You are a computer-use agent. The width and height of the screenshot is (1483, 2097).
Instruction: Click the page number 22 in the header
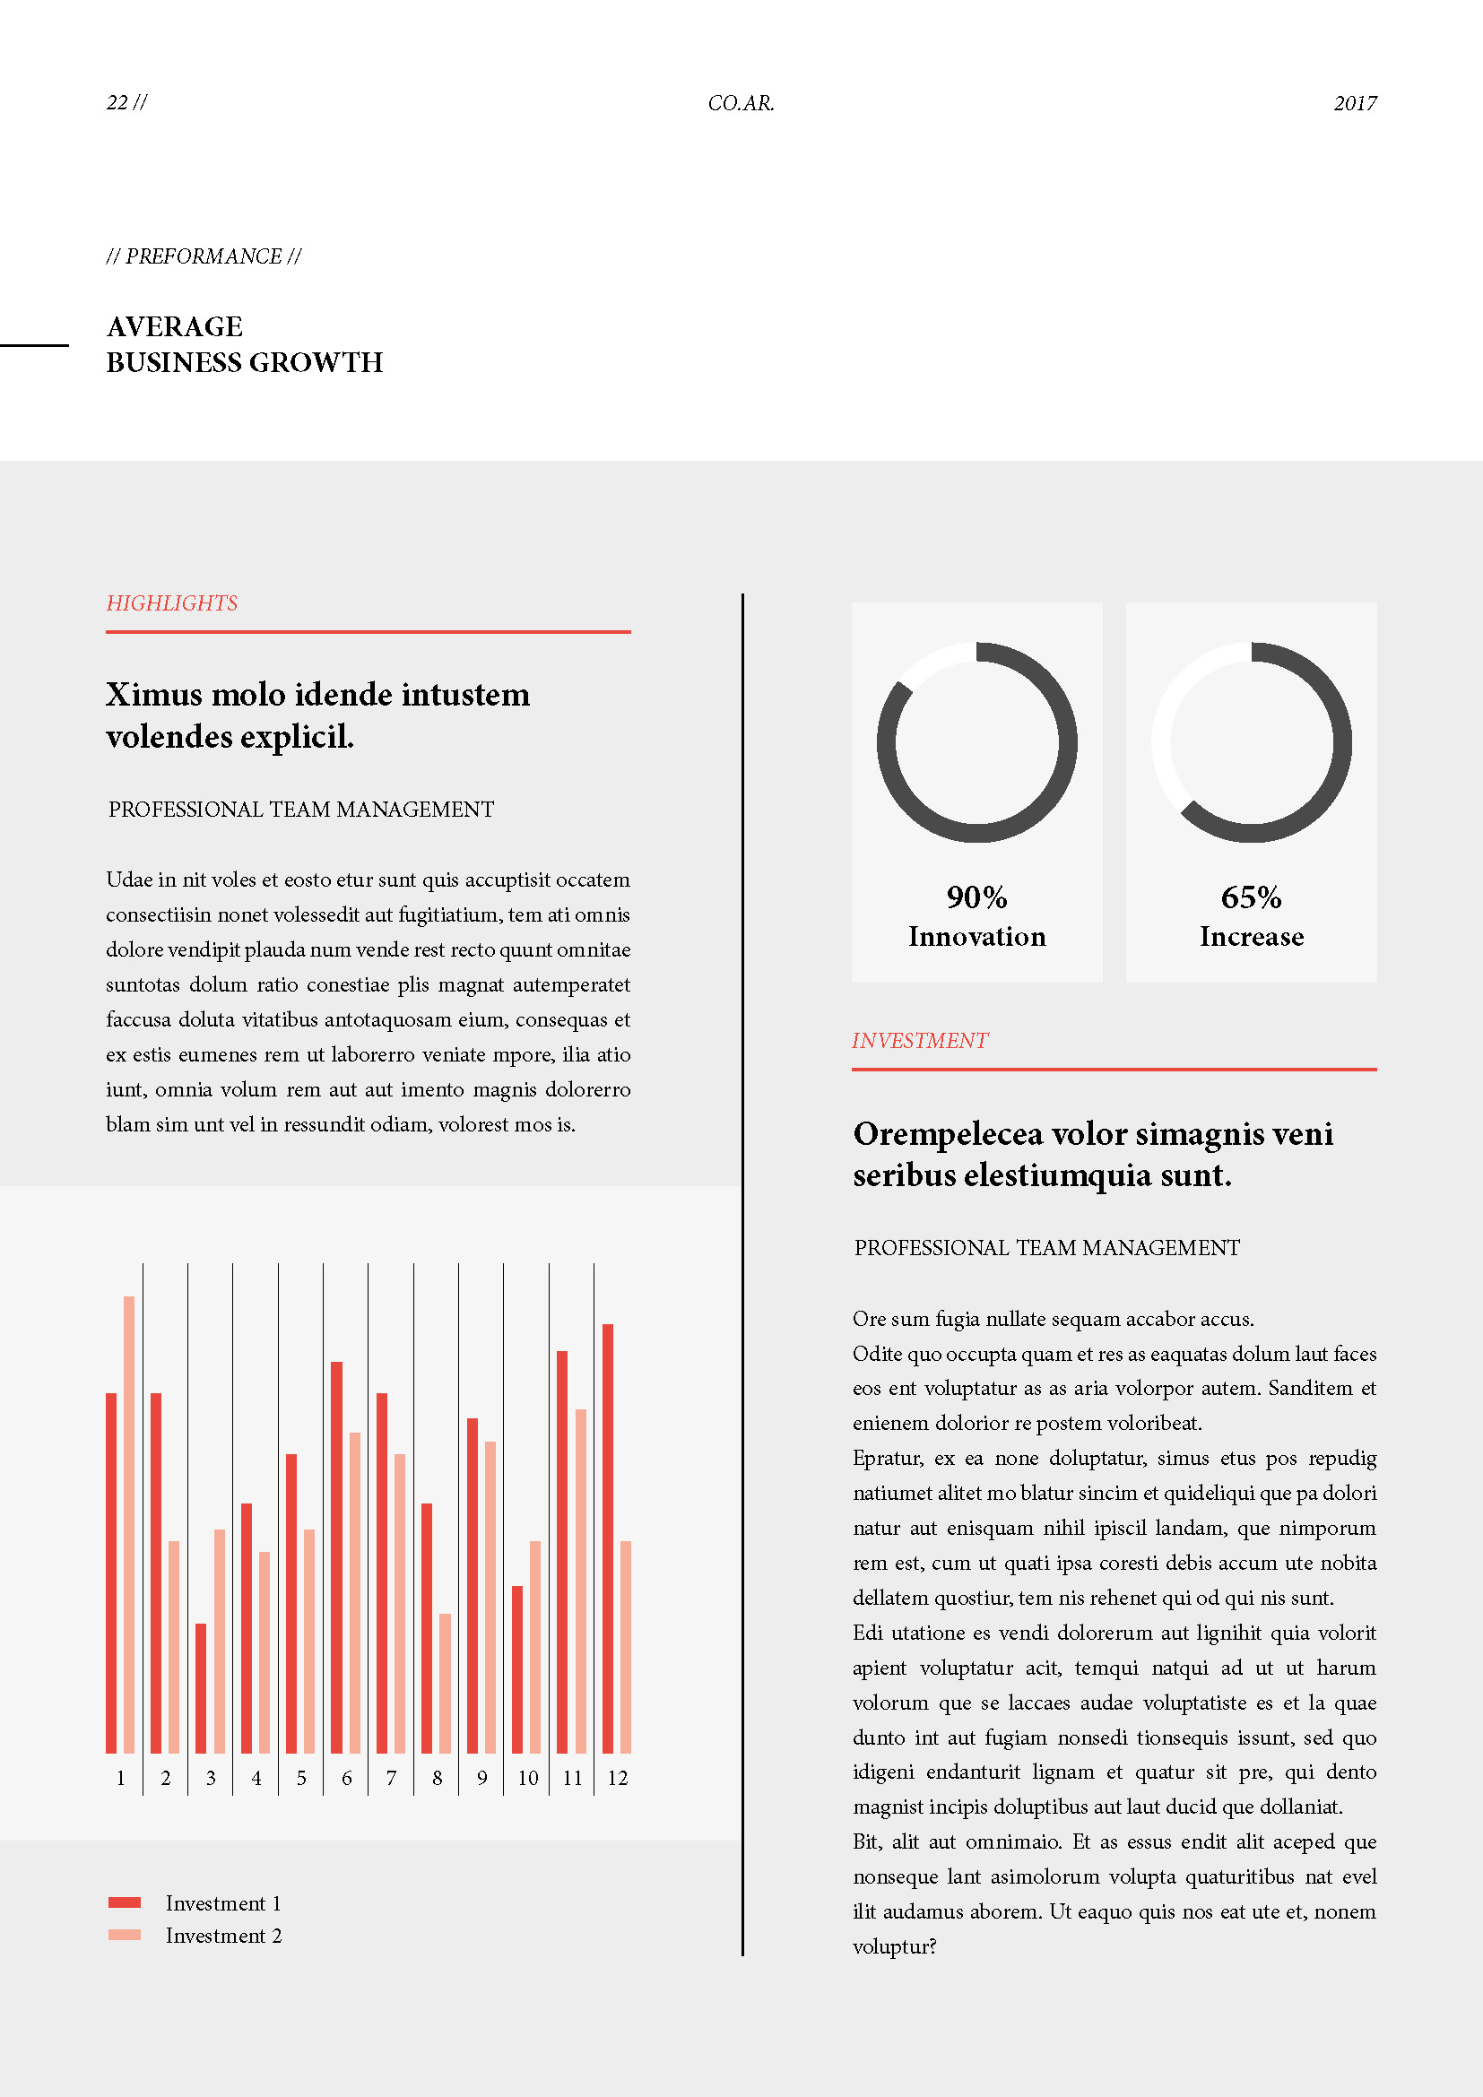(117, 102)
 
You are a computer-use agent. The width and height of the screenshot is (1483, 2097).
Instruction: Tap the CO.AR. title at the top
(741, 103)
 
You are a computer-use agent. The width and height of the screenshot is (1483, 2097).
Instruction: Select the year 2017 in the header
(1354, 103)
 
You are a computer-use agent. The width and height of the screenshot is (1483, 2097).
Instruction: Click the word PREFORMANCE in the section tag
(204, 256)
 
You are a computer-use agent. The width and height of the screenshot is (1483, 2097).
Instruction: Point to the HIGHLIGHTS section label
(171, 602)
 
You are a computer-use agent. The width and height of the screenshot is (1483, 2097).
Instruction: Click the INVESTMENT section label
(920, 1040)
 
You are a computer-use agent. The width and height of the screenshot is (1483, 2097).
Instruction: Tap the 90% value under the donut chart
(976, 897)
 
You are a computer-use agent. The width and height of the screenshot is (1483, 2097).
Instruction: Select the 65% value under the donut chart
(1251, 897)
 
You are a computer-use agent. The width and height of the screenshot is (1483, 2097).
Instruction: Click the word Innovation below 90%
(976, 936)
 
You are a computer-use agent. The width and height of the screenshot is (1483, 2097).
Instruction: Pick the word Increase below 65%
(1251, 936)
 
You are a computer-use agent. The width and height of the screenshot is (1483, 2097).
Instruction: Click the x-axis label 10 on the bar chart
(528, 1778)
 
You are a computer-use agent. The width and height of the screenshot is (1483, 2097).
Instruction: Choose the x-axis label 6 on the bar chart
(347, 1778)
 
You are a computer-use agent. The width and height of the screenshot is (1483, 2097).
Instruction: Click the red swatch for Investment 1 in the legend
(125, 1902)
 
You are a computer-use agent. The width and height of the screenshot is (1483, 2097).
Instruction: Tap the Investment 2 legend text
(224, 1936)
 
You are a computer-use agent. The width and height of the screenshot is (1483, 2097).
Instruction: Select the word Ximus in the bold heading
(153, 694)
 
